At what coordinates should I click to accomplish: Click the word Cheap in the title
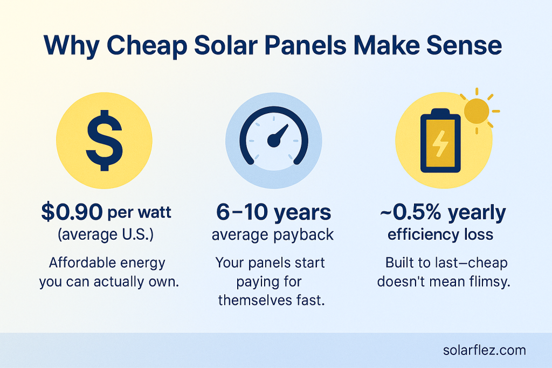coord(147,46)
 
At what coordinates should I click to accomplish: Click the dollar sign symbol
coord(104,141)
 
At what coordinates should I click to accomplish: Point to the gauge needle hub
coord(274,140)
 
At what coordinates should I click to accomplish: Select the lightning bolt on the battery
coord(440,143)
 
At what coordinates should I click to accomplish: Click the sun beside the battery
coord(477,111)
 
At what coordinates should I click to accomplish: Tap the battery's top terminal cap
coord(440,112)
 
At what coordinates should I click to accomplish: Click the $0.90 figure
coord(72,212)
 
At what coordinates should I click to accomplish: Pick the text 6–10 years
coord(273,212)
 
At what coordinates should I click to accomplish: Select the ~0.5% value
coord(410,212)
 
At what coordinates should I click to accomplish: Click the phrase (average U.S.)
coord(106,234)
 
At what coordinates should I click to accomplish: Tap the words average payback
coord(273,235)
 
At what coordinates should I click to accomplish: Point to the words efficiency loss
coord(440,234)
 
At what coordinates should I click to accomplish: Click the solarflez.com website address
coord(485,350)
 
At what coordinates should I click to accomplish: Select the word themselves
coord(254,300)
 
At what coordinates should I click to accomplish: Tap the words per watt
coord(140,212)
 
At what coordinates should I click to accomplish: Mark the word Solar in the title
coord(226,46)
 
